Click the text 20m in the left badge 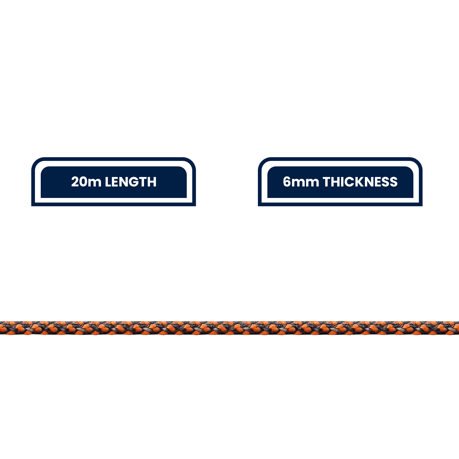click(86, 182)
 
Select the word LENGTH click(131, 182)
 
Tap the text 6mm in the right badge click(301, 182)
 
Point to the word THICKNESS click(360, 182)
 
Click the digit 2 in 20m click(75, 182)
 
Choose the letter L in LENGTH click(108, 182)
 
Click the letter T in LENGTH click(144, 182)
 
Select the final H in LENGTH click(153, 182)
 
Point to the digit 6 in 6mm click(287, 182)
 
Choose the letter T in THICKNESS click(327, 182)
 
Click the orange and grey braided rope click(229, 328)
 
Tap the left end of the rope click(1, 328)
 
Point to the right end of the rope click(458, 328)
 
